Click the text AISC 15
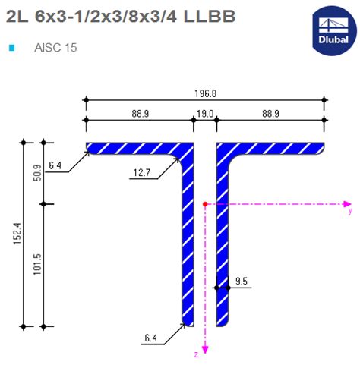(55, 48)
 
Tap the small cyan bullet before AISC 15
(11, 48)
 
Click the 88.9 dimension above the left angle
(137, 114)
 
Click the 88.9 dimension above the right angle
(271, 114)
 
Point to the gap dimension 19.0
(205, 114)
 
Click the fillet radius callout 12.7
(141, 173)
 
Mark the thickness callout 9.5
(242, 282)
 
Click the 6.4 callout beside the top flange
(54, 165)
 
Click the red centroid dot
(205, 204)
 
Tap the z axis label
(196, 354)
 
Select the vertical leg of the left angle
(188, 243)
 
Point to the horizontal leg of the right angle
(273, 147)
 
